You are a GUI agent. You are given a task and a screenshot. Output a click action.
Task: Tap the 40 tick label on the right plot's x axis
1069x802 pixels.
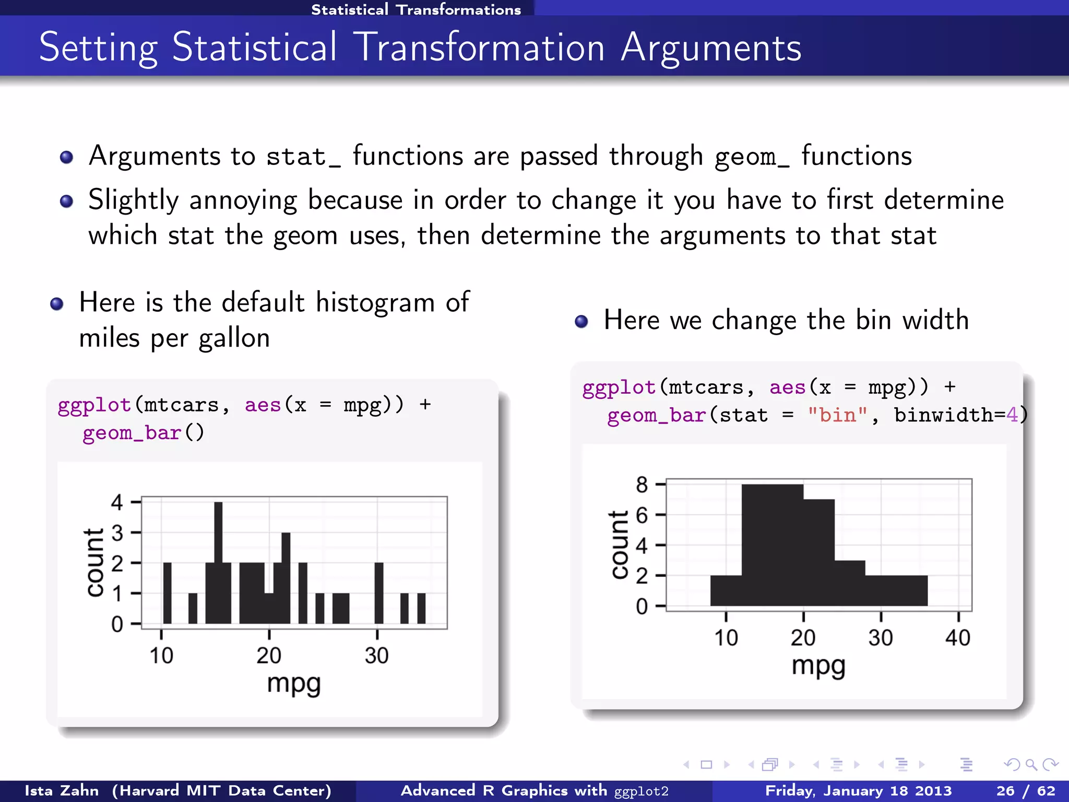tap(957, 638)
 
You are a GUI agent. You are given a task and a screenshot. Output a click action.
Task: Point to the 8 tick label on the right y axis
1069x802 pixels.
tap(642, 485)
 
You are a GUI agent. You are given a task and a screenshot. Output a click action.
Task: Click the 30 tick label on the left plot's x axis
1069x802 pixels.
tap(376, 655)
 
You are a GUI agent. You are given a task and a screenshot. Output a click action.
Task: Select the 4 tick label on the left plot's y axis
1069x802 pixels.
tap(117, 502)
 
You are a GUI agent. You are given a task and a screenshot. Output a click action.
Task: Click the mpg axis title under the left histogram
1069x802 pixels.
tap(293, 684)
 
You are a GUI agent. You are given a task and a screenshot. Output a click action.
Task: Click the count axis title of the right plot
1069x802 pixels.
tap(620, 545)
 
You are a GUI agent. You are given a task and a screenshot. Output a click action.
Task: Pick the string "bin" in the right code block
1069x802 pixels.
tap(837, 415)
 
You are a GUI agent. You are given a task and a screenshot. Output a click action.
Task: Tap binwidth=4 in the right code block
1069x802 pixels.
tap(956, 415)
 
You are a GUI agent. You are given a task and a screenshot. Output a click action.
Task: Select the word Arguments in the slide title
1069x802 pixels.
tap(710, 48)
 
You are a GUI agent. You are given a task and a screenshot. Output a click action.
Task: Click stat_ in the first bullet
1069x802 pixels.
tap(303, 157)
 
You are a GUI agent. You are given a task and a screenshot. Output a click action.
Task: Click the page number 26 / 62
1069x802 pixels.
tap(1025, 791)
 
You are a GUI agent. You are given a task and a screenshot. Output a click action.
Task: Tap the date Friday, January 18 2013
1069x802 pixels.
tap(858, 791)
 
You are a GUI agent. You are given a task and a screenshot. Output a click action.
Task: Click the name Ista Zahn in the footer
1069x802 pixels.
tap(62, 791)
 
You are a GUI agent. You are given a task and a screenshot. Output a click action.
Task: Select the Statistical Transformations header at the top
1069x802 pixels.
tap(415, 9)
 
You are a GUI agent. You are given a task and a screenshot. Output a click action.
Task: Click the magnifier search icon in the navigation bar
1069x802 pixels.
tap(1030, 765)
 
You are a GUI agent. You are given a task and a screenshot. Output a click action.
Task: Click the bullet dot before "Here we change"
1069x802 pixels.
tap(581, 321)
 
